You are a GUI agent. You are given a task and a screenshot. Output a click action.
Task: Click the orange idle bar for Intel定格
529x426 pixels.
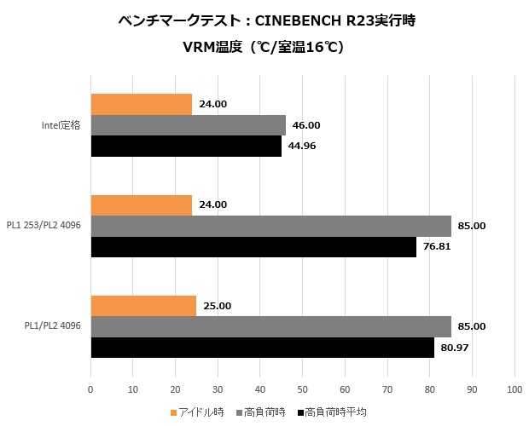141,104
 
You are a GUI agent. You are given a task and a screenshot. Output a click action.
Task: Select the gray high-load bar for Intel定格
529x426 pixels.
188,125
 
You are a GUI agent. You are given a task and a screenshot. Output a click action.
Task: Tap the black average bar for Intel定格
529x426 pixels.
186,147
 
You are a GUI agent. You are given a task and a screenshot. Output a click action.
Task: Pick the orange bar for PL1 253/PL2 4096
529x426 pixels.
141,204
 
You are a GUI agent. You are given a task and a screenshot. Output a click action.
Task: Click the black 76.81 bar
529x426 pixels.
253,247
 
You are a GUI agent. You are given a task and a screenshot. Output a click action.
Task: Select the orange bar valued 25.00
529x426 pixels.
143,305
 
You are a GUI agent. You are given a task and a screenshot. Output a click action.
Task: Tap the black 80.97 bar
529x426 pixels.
262,348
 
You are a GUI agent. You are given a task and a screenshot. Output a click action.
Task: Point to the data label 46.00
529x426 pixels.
306,125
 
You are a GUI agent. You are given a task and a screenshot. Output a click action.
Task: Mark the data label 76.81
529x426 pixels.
437,247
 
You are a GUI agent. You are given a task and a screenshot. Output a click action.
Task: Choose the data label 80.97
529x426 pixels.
455,348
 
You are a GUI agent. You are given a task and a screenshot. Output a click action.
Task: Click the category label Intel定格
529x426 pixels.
61,125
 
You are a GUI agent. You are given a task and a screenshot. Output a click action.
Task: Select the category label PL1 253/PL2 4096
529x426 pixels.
47,226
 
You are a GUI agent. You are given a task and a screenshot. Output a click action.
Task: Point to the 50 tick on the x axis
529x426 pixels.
302,389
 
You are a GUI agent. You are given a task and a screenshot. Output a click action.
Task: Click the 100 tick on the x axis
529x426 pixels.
514,389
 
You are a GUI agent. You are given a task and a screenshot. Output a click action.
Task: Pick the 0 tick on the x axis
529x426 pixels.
90,389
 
